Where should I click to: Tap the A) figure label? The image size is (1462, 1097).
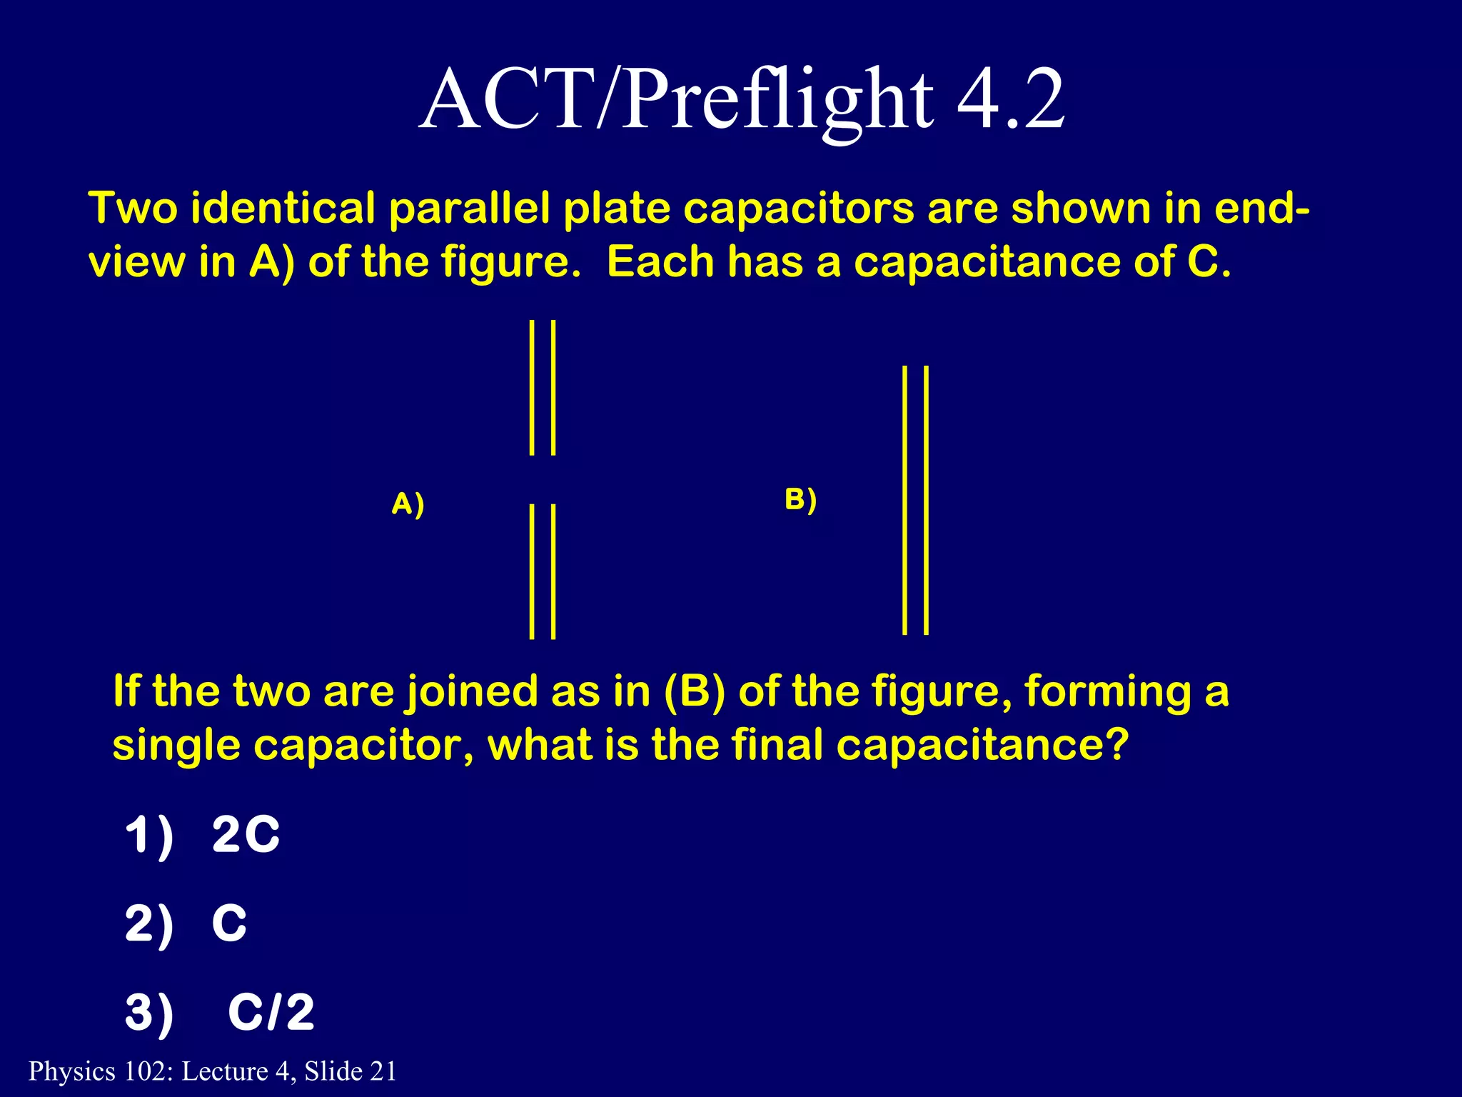tap(408, 504)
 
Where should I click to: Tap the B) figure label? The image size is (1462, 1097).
tap(800, 499)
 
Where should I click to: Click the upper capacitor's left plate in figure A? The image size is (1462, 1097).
tap(532, 387)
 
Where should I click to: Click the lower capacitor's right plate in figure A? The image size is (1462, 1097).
tap(554, 571)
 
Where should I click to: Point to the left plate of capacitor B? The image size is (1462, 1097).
tap(904, 500)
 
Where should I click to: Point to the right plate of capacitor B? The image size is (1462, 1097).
tap(927, 500)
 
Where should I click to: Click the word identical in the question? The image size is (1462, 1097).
tap(283, 209)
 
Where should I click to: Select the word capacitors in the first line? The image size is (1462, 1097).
tap(798, 209)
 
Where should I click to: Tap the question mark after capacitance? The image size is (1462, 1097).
tap(1116, 745)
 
